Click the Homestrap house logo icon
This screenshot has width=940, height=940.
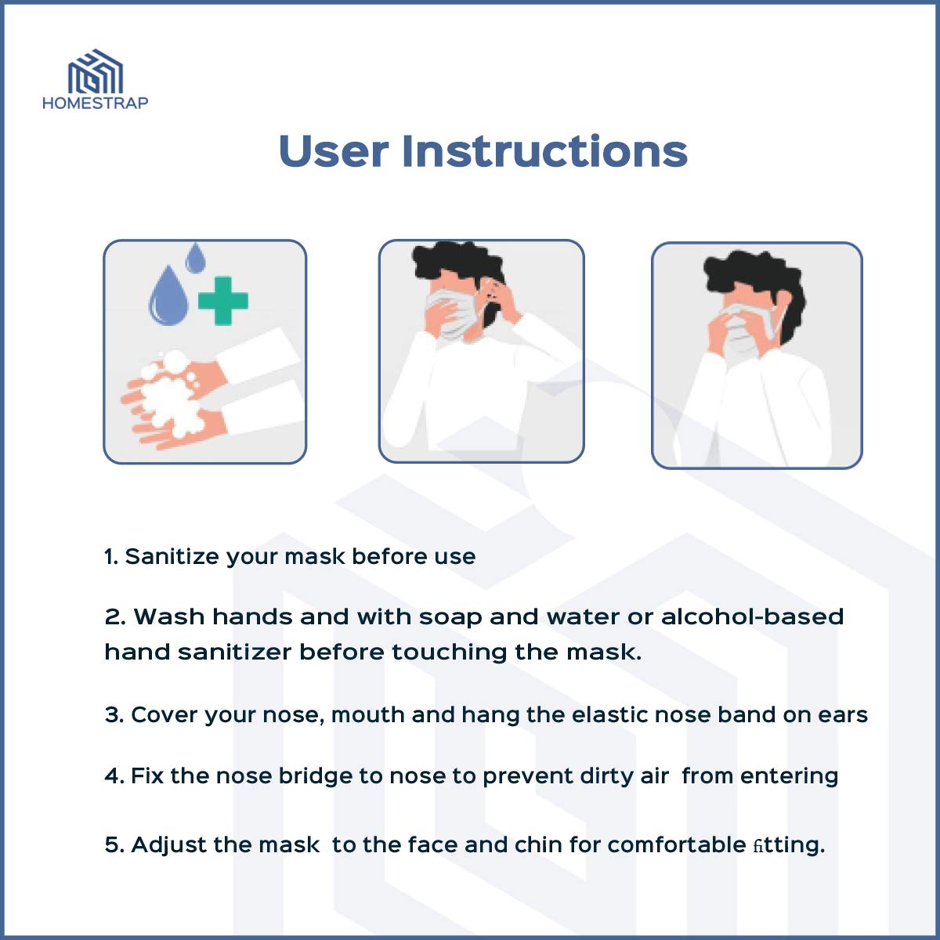(95, 71)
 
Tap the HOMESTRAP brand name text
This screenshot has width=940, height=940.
(95, 103)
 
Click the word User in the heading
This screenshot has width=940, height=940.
(334, 150)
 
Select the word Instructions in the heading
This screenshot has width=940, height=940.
(545, 150)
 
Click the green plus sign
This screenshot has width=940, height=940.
(223, 301)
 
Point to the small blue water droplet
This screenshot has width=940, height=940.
(196, 257)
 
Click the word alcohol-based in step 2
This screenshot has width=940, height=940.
(752, 616)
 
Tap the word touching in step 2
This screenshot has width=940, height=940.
(450, 653)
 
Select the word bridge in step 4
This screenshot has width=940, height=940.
(315, 776)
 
